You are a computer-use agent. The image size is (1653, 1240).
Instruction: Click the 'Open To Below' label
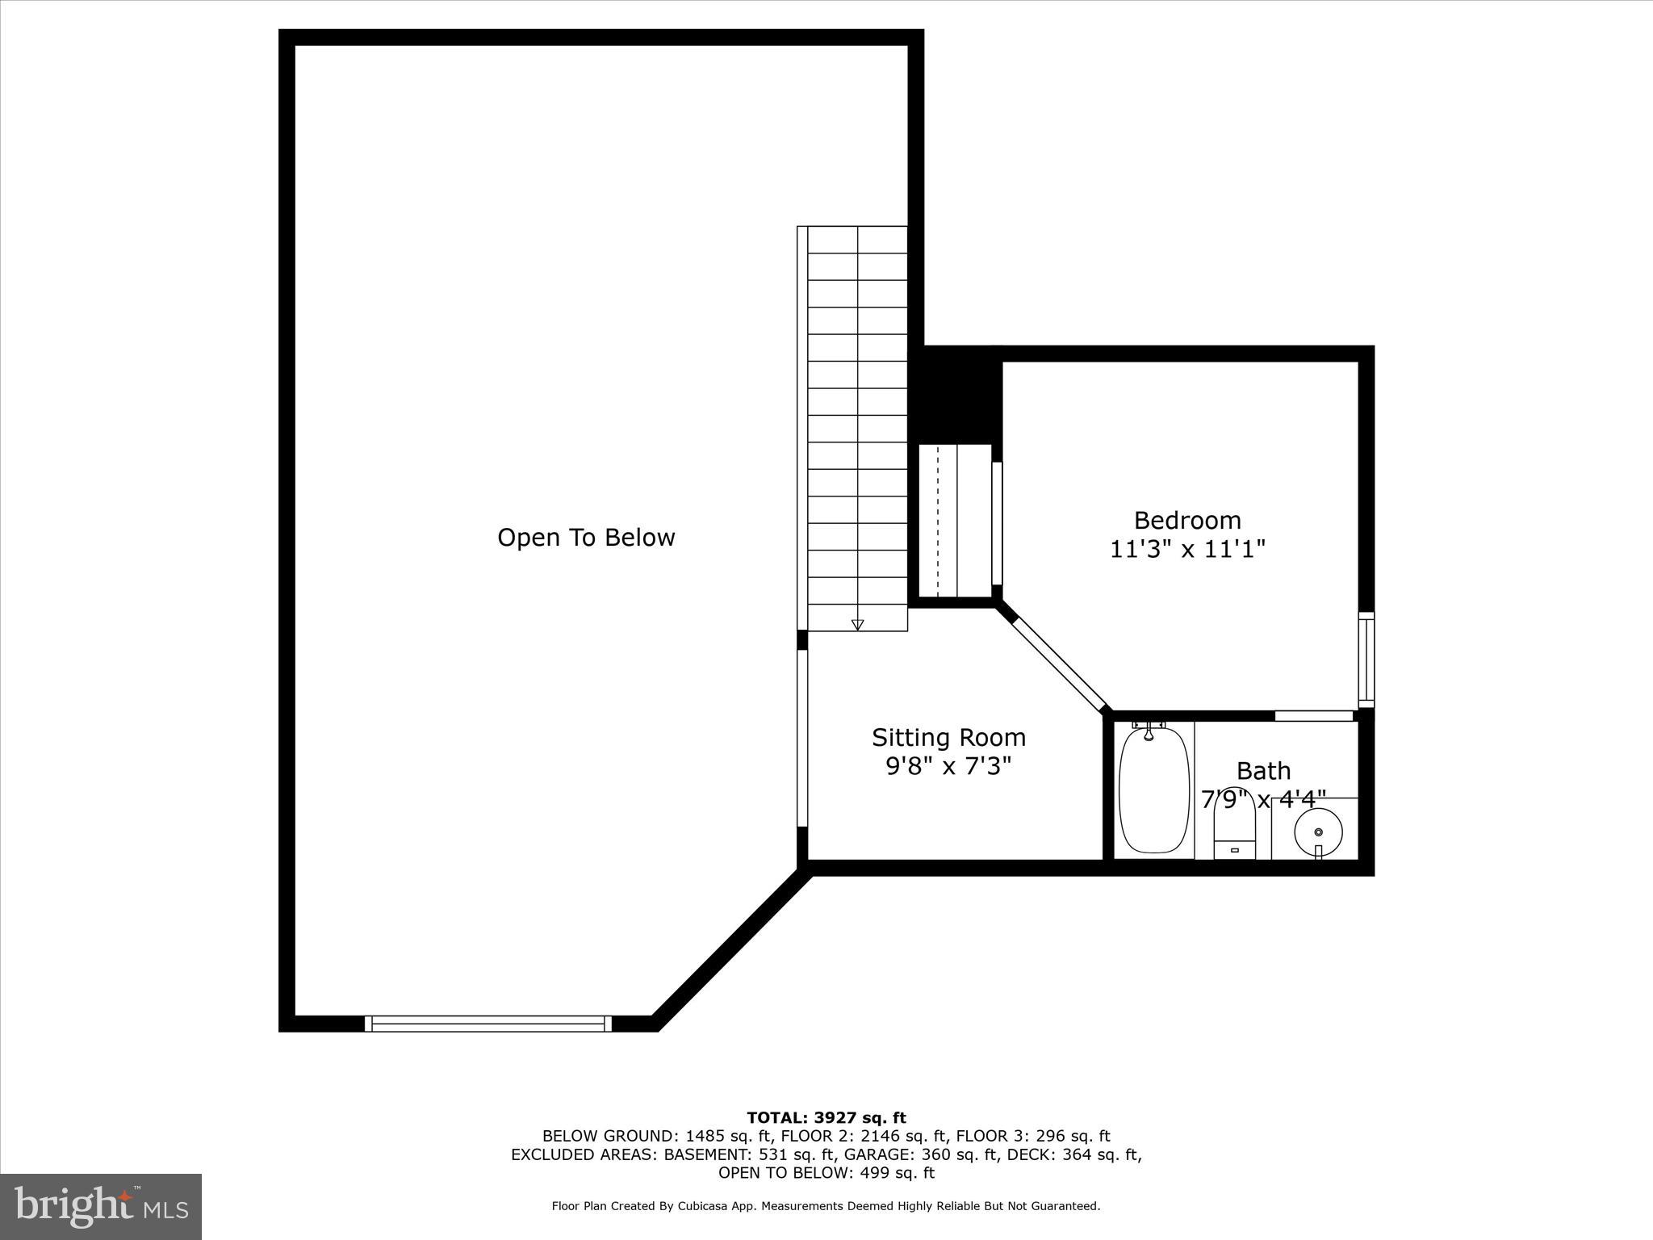coord(586,538)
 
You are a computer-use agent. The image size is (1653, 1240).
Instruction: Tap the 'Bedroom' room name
coord(1186,520)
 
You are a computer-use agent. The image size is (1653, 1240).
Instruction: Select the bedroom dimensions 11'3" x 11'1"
coord(1186,550)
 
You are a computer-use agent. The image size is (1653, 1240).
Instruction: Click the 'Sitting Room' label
coord(948,737)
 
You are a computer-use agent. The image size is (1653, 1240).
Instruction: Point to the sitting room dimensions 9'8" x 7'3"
coord(948,766)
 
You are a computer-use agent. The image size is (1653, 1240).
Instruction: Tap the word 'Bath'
coord(1263,771)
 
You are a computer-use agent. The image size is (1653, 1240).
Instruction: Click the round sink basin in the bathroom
coord(1318,832)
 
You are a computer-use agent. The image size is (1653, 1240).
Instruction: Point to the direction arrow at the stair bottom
coord(857,624)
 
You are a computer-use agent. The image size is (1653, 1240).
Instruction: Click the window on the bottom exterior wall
coord(488,1024)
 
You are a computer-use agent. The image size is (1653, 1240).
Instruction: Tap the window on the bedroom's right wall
coord(1366,660)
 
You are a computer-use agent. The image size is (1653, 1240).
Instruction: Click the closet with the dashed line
coord(955,521)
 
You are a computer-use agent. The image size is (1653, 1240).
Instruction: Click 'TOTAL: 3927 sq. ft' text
coord(826,1118)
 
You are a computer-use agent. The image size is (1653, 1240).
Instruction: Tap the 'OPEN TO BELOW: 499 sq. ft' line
coord(826,1173)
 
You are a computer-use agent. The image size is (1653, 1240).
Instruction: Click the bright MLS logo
coord(101,1207)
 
